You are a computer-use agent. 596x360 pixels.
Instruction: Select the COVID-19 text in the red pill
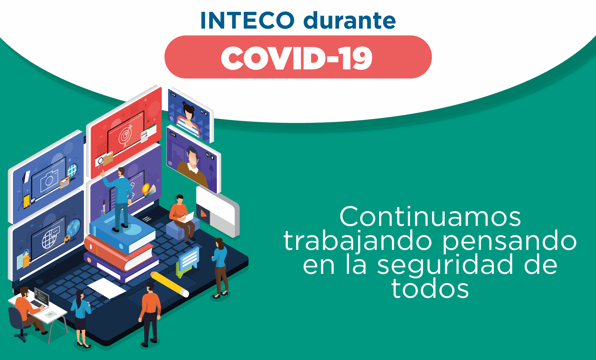pos(297,58)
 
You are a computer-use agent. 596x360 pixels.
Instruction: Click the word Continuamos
pos(430,217)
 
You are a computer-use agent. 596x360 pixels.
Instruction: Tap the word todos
pos(430,288)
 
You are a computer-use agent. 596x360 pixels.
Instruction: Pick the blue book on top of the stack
pos(122,233)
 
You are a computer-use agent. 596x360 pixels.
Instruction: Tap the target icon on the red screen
pos(125,136)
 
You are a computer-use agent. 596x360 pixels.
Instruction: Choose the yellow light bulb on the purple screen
pos(146,190)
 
